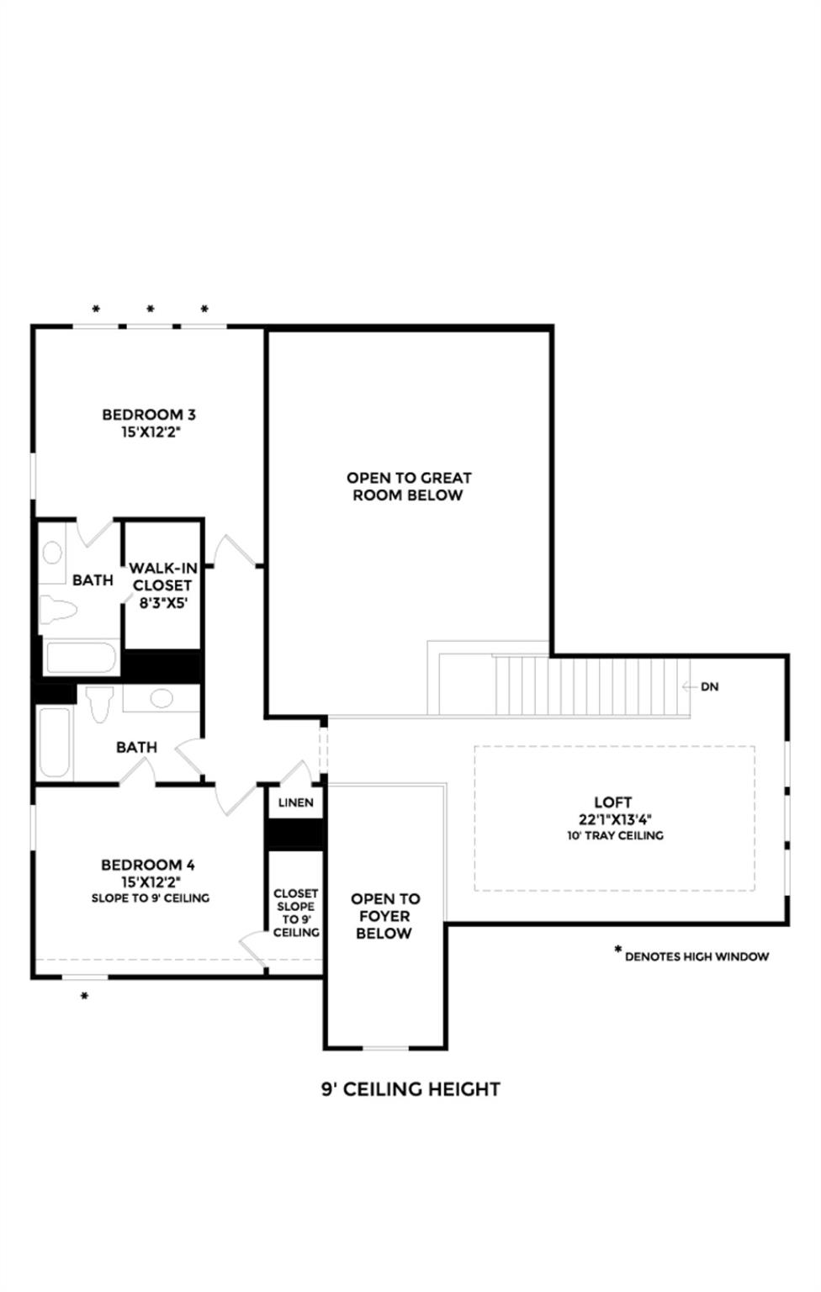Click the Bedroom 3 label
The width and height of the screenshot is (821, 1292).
click(149, 414)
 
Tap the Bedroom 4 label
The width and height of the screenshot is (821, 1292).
click(148, 865)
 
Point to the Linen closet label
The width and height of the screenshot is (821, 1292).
click(295, 802)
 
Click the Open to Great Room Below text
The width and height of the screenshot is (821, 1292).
click(409, 486)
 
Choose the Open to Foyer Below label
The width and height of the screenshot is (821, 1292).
click(385, 916)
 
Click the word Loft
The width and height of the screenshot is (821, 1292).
click(612, 802)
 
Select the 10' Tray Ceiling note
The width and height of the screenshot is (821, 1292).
click(615, 836)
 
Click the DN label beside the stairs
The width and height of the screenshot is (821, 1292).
click(710, 686)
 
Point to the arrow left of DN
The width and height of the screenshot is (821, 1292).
click(688, 686)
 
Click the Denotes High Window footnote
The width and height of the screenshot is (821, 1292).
click(697, 956)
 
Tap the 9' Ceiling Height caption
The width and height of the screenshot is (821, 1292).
click(410, 1089)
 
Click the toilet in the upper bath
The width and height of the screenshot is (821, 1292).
click(56, 610)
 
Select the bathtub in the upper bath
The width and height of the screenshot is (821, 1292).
click(82, 658)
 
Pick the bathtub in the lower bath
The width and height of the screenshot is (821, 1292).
click(56, 742)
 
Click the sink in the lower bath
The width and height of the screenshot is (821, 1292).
click(160, 698)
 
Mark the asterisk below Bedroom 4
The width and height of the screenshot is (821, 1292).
click(84, 998)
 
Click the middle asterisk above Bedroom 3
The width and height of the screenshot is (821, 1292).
click(151, 310)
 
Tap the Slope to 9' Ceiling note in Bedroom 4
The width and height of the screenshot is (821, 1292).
click(151, 898)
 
